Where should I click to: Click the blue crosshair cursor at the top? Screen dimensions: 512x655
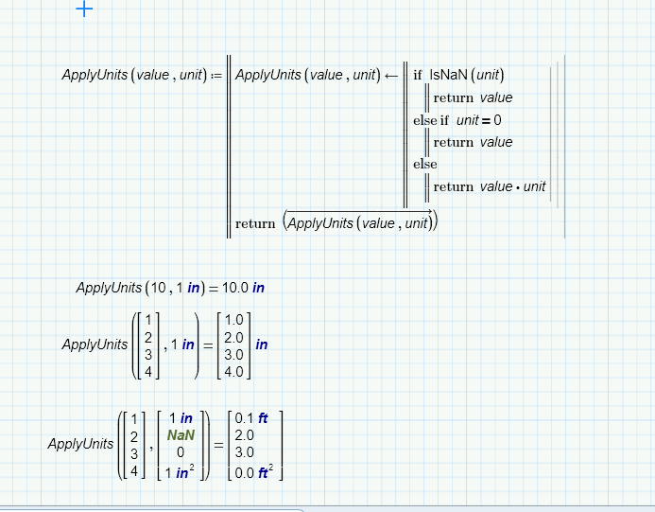[x=84, y=9]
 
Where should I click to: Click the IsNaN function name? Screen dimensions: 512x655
[x=448, y=76]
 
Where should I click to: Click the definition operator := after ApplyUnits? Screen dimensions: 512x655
[x=215, y=76]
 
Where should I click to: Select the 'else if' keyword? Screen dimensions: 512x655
[x=432, y=120]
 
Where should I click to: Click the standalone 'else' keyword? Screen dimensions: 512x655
[x=425, y=165]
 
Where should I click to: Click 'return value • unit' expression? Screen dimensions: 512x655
[x=490, y=186]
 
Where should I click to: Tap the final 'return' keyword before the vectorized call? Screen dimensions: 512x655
[x=254, y=223]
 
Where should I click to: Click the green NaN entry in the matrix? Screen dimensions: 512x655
[x=180, y=434]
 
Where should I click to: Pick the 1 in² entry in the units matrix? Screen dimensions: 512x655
[x=180, y=471]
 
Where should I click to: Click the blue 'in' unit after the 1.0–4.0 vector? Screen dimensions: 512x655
[x=262, y=345]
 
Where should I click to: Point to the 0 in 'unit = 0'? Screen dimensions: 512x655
[x=497, y=120]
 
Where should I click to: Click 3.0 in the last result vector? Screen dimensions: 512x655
[x=245, y=452]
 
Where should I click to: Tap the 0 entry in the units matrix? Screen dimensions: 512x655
[x=180, y=452]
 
